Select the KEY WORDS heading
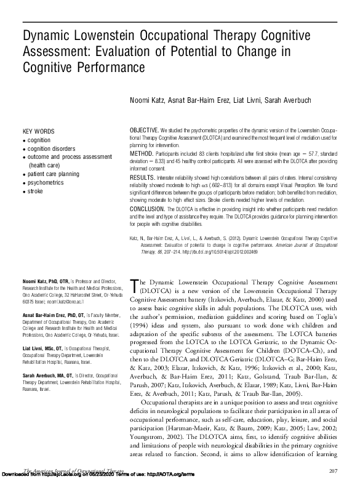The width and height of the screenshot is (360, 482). [39, 132]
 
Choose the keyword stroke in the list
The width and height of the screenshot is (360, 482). [36, 191]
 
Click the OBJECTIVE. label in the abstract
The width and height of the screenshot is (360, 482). [145, 132]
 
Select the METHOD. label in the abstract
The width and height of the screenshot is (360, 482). [141, 152]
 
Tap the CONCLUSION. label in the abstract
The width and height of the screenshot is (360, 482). [148, 209]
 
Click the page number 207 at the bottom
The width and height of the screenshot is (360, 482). [334, 470]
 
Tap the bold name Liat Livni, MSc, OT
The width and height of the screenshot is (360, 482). [44, 348]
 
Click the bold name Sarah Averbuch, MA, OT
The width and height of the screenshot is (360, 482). [50, 375]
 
